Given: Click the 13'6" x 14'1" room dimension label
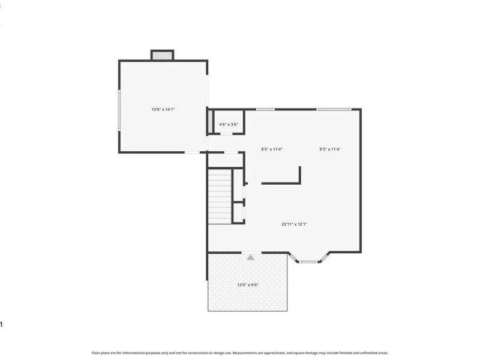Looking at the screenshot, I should pyautogui.click(x=163, y=109).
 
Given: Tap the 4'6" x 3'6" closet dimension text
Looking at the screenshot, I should pyautogui.click(x=229, y=124).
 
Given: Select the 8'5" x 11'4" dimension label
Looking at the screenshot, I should pyautogui.click(x=271, y=149).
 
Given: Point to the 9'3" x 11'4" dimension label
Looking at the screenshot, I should pyautogui.click(x=330, y=149).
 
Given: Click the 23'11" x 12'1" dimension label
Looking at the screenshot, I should pyautogui.click(x=294, y=224).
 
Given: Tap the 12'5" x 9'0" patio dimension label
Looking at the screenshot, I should pyautogui.click(x=247, y=285).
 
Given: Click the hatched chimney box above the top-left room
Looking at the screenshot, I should pyautogui.click(x=162, y=55).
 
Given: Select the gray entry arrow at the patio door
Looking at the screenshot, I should pyautogui.click(x=251, y=257).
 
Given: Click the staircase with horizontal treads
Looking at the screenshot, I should pyautogui.click(x=220, y=196).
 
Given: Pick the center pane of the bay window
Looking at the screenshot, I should pyautogui.click(x=308, y=262).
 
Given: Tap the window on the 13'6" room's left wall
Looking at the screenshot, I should pyautogui.click(x=119, y=109).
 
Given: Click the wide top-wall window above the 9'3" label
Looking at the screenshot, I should pyautogui.click(x=334, y=109).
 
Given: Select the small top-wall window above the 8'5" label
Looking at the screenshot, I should pyautogui.click(x=265, y=109).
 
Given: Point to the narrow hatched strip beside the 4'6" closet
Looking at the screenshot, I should pyautogui.click(x=210, y=122).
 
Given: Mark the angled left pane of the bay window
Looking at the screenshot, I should pyautogui.click(x=294, y=257).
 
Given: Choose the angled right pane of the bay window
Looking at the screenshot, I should pyautogui.click(x=323, y=257).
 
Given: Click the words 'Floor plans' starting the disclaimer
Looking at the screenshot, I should pyautogui.click(x=100, y=353).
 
